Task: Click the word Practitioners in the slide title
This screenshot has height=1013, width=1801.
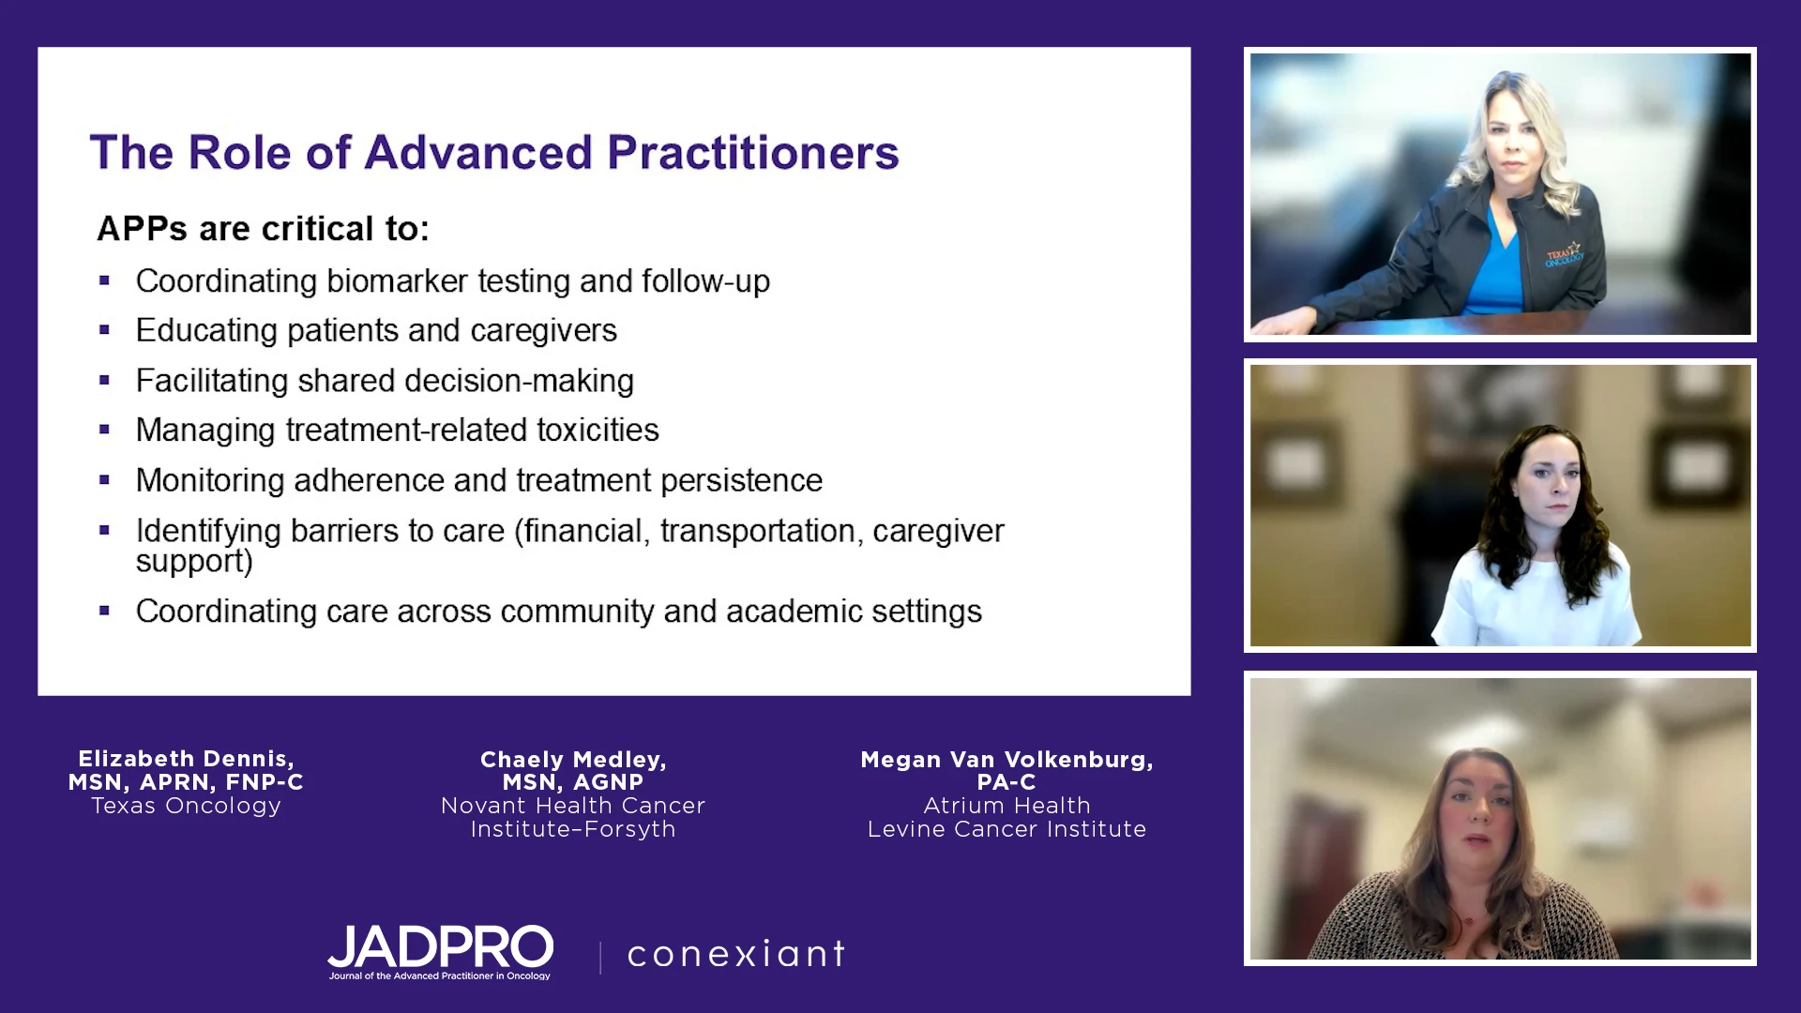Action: pos(753,153)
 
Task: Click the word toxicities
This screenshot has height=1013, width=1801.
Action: pos(598,430)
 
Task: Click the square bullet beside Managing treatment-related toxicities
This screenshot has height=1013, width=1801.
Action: pos(104,430)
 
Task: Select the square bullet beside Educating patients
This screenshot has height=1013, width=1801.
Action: pos(104,330)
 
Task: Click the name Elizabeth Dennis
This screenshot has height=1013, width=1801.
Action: pos(186,759)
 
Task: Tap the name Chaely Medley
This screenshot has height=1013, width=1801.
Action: pos(573,760)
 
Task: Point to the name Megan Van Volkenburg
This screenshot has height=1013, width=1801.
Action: pos(1006,760)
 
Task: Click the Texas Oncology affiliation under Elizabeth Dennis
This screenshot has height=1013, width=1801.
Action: pos(186,806)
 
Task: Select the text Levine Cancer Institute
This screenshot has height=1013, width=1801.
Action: pos(1006,829)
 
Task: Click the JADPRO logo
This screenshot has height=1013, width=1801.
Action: pos(440,952)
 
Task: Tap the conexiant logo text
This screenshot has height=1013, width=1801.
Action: pos(736,954)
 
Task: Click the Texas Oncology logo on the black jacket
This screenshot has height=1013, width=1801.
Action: pos(1565,254)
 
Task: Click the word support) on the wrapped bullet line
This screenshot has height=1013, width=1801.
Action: pos(194,561)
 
